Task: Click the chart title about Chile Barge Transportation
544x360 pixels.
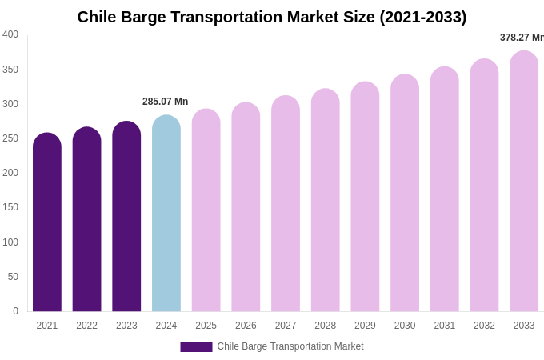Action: click(272, 17)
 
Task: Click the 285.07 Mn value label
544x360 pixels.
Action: click(165, 102)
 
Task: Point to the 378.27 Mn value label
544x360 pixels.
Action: click(522, 38)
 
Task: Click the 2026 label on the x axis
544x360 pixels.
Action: click(246, 326)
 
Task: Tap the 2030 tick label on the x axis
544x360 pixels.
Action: click(405, 326)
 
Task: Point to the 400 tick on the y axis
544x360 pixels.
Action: click(10, 34)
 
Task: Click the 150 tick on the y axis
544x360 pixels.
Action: click(10, 207)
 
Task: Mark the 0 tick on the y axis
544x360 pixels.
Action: click(15, 311)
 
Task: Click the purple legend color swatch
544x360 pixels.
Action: click(196, 347)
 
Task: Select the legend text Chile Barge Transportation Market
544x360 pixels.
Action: click(290, 346)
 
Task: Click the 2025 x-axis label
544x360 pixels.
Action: click(206, 326)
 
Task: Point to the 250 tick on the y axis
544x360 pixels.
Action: click(10, 138)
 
